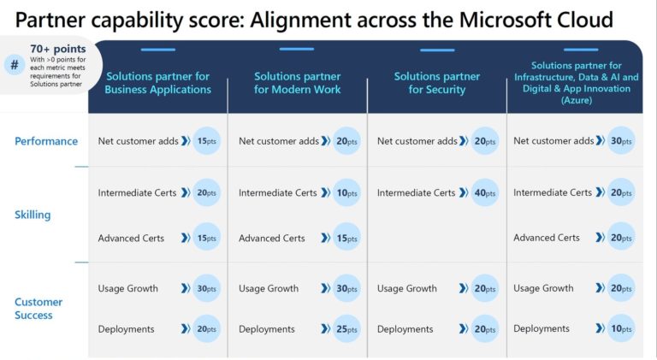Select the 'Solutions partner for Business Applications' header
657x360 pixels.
click(158, 83)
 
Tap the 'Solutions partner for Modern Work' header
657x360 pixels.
click(297, 83)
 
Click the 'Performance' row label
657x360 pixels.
click(46, 141)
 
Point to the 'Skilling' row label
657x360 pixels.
click(33, 215)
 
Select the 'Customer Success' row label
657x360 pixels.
click(38, 308)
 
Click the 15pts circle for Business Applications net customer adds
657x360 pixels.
click(206, 141)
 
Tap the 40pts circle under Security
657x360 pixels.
click(485, 193)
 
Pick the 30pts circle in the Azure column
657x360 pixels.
click(621, 141)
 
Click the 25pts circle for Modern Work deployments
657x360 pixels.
click(346, 329)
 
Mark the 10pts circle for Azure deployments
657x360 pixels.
click(621, 329)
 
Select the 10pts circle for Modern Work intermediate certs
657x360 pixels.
click(346, 193)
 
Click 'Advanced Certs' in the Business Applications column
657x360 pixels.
click(131, 239)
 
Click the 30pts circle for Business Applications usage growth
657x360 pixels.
click(206, 288)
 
